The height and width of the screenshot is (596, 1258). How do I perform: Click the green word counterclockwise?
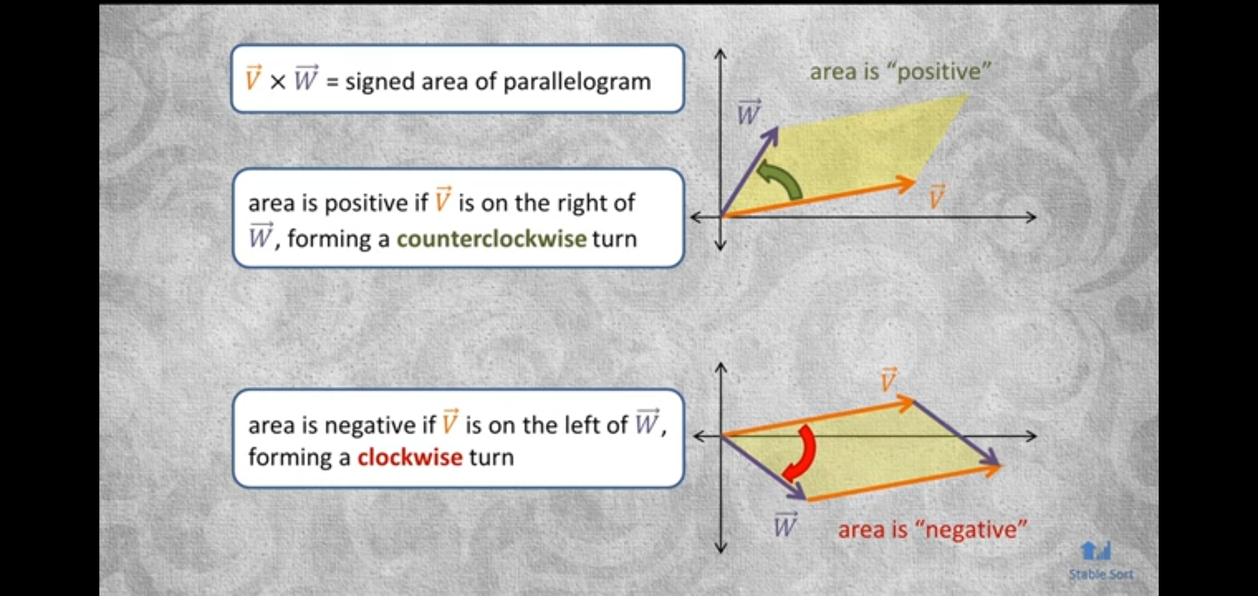tap(491, 239)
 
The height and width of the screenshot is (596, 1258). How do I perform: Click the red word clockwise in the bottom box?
tap(410, 457)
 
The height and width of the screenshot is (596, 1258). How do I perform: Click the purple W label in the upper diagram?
tap(749, 113)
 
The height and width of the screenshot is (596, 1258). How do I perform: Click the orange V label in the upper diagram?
tap(936, 197)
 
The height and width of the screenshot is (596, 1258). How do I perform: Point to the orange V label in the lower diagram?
tap(889, 380)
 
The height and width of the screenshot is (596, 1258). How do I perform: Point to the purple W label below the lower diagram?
tap(785, 524)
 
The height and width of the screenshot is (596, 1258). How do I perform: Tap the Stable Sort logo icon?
tap(1096, 551)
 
